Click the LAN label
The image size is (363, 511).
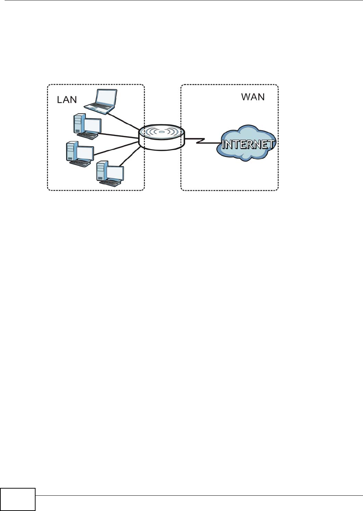[67, 100]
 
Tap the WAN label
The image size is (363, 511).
[253, 97]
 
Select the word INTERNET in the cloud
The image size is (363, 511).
[248, 144]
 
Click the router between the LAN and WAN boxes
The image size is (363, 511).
[162, 137]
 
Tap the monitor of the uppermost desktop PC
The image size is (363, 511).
[92, 125]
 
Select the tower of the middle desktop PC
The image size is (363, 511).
[71, 152]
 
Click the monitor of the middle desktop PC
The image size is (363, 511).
[85, 153]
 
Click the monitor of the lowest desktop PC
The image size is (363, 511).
[115, 173]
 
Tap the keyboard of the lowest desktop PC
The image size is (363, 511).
[110, 182]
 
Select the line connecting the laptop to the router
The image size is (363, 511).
[124, 121]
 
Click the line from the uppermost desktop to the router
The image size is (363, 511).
[119, 135]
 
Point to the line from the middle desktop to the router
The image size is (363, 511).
[116, 148]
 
